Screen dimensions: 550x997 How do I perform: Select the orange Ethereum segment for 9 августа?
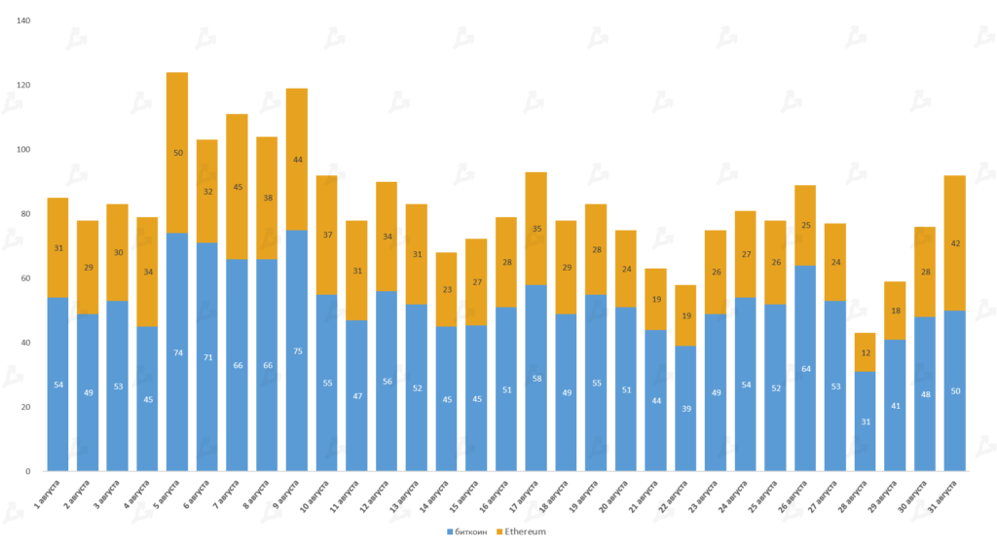pos(297,160)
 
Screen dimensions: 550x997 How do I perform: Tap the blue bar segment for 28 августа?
pos(865,421)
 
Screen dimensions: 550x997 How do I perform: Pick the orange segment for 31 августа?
pos(954,243)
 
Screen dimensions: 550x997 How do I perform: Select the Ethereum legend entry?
pos(521,532)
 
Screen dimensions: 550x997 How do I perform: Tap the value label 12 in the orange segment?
pos(865,351)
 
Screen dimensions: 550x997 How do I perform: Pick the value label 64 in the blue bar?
pos(805,369)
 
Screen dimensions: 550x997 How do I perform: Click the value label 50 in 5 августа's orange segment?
pos(177,153)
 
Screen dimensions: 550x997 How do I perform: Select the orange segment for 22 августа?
pos(685,315)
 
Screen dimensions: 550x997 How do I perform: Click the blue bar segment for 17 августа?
pos(536,378)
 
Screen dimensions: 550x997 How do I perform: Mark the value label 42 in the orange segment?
pos(954,243)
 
